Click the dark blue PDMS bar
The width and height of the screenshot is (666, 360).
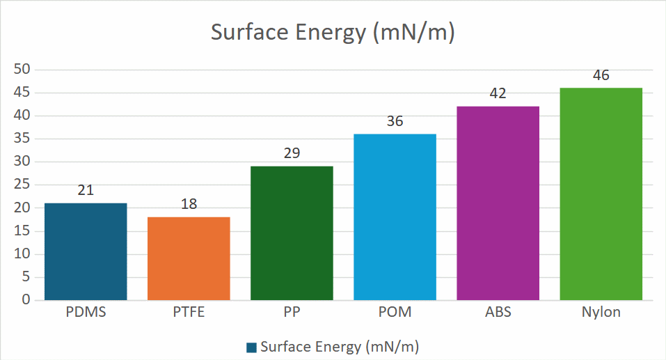[86, 251]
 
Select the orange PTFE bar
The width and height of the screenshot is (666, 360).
[189, 258]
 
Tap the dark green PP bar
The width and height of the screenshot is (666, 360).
[292, 233]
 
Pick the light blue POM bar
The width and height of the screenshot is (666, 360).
[395, 217]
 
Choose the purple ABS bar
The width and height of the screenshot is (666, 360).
[498, 203]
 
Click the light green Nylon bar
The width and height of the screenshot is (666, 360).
[601, 194]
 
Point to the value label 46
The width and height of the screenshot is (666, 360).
[601, 75]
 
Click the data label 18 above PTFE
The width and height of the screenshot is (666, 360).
[189, 204]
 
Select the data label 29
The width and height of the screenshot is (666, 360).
[292, 153]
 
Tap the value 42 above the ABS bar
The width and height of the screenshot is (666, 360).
[498, 93]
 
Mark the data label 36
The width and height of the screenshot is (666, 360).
[395, 121]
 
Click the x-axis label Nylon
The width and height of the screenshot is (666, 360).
[601, 313]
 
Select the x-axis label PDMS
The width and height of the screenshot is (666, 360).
[86, 313]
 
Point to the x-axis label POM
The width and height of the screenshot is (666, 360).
[395, 313]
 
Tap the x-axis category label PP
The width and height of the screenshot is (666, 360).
[292, 313]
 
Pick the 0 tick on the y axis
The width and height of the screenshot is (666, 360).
[26, 300]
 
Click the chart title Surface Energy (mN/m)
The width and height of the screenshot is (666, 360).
[333, 33]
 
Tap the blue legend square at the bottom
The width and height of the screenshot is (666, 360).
[251, 347]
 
